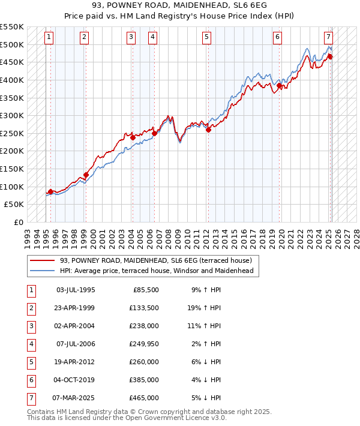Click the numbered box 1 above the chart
coord(48,37)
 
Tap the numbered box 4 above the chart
coord(153,37)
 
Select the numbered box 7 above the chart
coord(329,37)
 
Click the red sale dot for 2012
coord(208,130)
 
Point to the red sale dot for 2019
coord(279,85)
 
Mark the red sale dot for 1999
coord(86,175)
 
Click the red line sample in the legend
coord(42,261)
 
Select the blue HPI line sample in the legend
coord(42,271)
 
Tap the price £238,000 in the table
coord(144,325)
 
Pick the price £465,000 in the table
coord(144,397)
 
